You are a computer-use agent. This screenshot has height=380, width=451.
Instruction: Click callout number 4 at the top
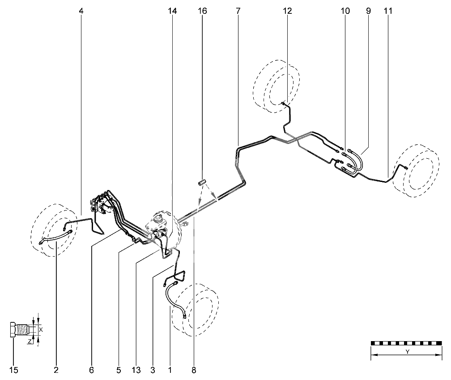[x=81, y=11]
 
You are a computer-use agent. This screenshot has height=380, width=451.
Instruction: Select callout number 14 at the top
[x=172, y=11]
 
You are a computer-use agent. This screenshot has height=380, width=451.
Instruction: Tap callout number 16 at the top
[x=202, y=11]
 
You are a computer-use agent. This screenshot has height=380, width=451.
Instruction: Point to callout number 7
[x=238, y=11]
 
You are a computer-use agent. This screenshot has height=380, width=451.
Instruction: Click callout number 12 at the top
[x=287, y=11]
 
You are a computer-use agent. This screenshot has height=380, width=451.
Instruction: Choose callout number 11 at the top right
[x=388, y=11]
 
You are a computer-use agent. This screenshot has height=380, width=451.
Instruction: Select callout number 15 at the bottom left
[x=14, y=370]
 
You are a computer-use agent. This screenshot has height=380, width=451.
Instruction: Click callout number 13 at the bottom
[x=136, y=370]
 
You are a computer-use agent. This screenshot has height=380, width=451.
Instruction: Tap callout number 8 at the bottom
[x=194, y=370]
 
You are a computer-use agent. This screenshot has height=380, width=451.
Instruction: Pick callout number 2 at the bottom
[x=56, y=370]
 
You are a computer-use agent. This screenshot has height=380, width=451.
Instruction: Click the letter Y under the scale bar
[x=407, y=352]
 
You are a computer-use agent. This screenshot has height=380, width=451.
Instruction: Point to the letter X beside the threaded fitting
[x=41, y=329]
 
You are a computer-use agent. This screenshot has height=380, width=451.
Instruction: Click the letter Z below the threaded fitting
[x=30, y=342]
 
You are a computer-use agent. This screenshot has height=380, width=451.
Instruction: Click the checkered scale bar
[x=406, y=343]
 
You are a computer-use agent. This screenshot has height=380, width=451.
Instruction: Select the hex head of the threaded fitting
[x=12, y=329]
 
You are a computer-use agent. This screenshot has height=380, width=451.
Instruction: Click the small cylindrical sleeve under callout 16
[x=203, y=182]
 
